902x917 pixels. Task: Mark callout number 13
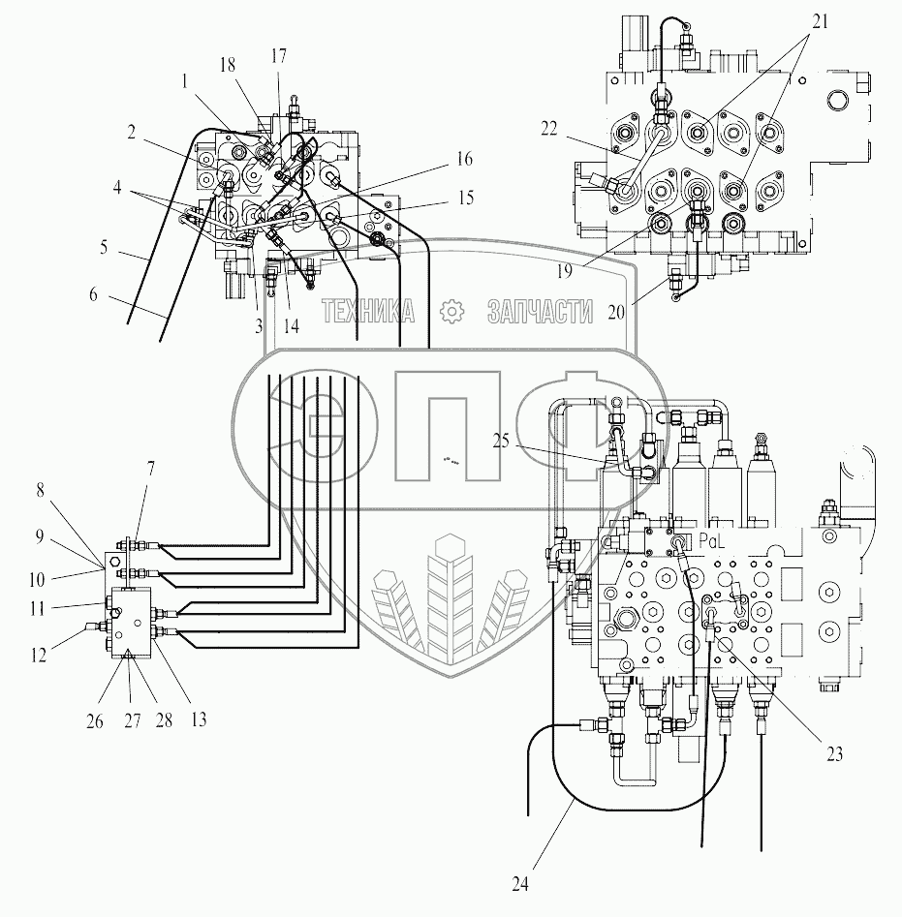[x=197, y=719]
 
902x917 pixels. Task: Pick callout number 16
[x=465, y=157]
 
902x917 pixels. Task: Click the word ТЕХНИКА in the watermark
[x=368, y=311]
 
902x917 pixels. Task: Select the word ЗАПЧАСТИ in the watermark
[x=540, y=311]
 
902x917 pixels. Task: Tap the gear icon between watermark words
[x=450, y=311]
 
